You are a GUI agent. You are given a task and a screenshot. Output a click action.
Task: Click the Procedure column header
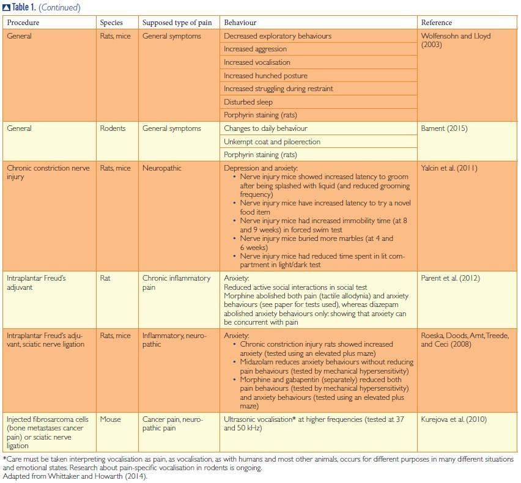click(x=23, y=23)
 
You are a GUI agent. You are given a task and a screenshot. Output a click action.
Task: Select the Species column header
click(x=111, y=23)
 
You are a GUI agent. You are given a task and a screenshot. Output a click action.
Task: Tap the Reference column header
click(x=437, y=23)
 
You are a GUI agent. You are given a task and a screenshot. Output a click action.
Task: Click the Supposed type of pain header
click(x=177, y=23)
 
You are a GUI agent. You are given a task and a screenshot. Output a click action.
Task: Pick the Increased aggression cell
click(x=255, y=49)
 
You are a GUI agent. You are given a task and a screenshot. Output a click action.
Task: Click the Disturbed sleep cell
click(x=248, y=102)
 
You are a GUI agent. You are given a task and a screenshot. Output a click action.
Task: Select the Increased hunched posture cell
click(x=265, y=76)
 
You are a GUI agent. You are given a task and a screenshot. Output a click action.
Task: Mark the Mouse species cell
click(x=111, y=419)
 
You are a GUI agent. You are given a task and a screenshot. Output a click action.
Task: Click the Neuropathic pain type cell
click(x=162, y=168)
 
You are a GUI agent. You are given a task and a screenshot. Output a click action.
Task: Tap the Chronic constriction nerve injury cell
click(x=48, y=172)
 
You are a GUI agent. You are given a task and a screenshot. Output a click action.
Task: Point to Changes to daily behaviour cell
click(x=265, y=129)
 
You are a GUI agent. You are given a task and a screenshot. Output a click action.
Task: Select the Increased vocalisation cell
click(x=257, y=62)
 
